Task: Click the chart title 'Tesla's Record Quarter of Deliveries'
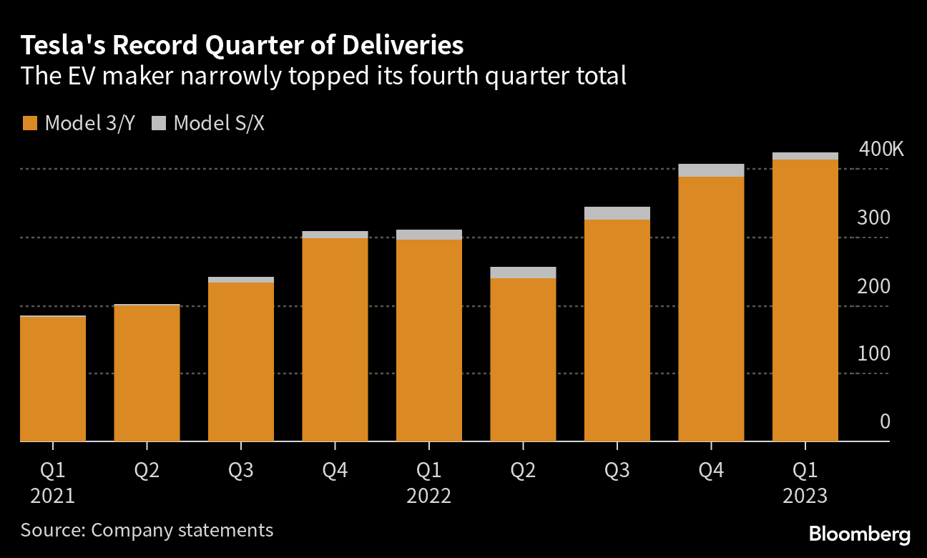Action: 242,46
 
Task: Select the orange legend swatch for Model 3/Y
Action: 29,123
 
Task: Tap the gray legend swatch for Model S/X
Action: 158,123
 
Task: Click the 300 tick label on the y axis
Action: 873,217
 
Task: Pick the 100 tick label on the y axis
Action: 873,354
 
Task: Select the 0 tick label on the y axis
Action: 885,421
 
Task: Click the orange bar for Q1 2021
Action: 53,379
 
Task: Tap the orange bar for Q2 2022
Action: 523,360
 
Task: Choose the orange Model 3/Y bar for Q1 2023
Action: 805,300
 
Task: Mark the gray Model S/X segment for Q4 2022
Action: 711,170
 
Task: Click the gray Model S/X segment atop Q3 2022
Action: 617,213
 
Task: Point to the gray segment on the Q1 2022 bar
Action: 429,235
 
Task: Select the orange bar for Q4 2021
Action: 335,340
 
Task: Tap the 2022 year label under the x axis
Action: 429,496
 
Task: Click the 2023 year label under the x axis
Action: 805,496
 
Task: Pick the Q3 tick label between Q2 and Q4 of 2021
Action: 241,471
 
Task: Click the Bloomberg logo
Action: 860,534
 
